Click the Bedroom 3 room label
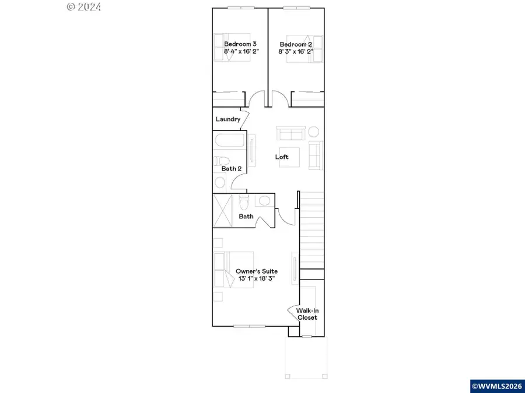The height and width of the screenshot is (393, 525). [241, 44]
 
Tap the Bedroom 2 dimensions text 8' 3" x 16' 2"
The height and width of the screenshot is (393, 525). [296, 52]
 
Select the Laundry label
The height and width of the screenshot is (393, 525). [228, 119]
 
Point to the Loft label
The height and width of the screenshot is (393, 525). [282, 157]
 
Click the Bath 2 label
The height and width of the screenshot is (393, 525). [231, 169]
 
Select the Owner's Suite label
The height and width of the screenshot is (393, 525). [256, 271]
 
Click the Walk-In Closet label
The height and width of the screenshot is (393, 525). [307, 314]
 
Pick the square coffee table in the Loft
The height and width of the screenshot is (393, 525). [290, 157]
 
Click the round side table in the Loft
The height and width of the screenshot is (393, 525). [314, 132]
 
